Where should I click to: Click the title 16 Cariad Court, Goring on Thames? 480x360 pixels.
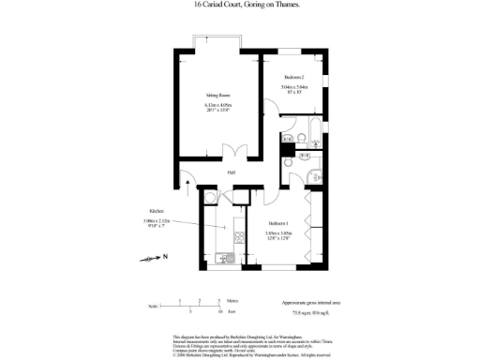click(239, 6)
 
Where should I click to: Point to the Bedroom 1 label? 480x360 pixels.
click(278, 223)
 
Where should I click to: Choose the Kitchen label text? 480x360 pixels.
click(157, 212)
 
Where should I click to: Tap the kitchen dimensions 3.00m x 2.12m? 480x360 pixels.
click(157, 220)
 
